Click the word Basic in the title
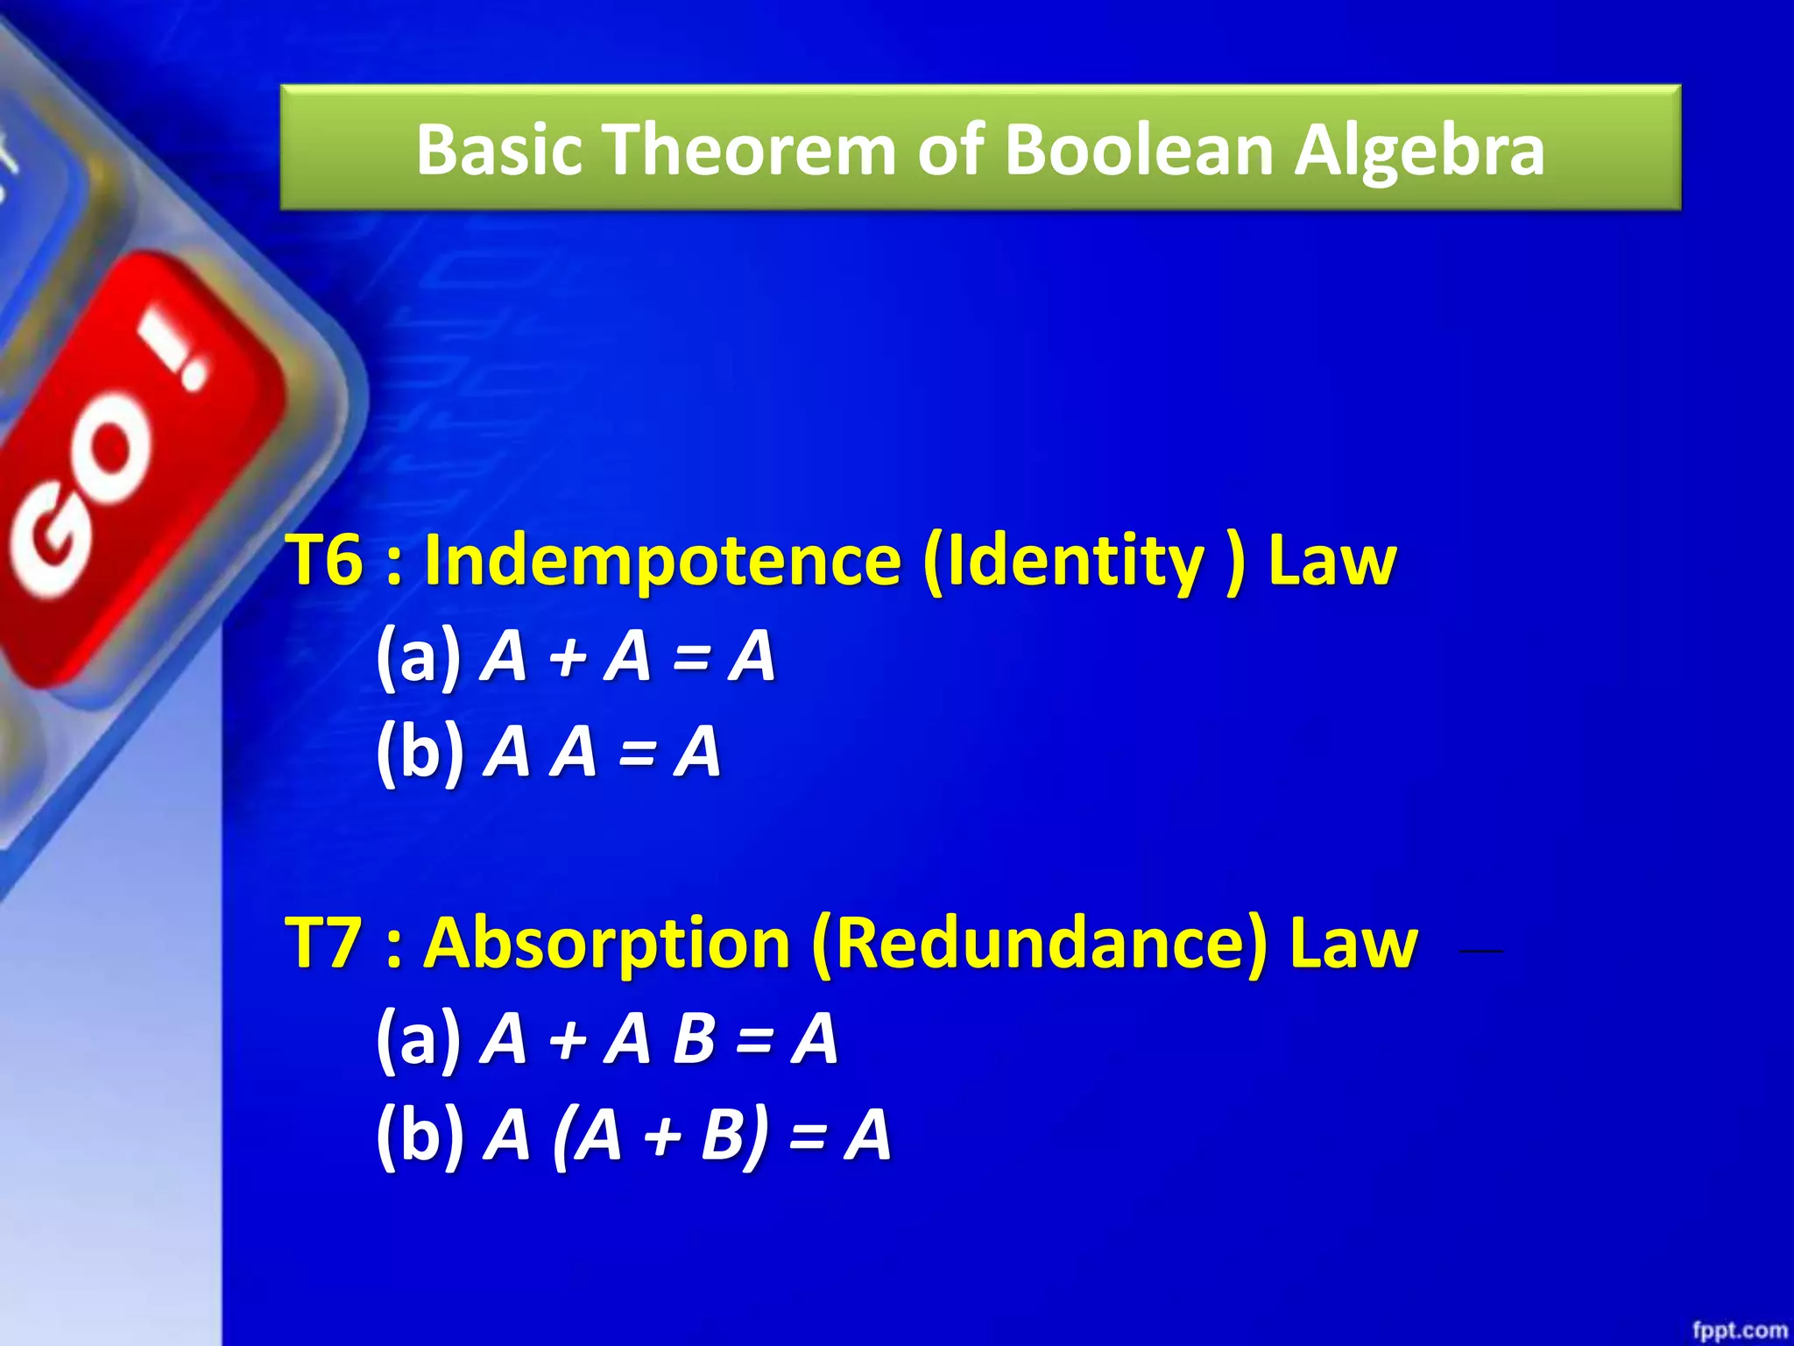[x=499, y=149]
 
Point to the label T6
[x=324, y=561]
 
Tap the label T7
[x=324, y=944]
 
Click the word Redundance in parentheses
[x=1039, y=944]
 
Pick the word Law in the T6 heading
[x=1331, y=561]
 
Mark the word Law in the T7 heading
[x=1353, y=944]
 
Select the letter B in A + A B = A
[x=695, y=1039]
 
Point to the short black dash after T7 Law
[x=1480, y=950]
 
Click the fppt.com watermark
[x=1739, y=1330]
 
